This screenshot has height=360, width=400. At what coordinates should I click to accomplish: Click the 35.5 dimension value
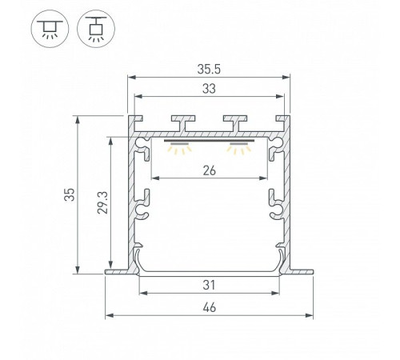point(209,70)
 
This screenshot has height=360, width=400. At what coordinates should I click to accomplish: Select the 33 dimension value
point(209,89)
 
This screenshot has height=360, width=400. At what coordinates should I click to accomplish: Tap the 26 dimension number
point(210,170)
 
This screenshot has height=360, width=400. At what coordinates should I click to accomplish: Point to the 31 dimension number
point(209,285)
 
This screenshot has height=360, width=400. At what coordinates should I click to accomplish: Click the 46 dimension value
point(210,308)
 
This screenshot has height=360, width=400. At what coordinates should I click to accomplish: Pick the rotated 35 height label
point(70,194)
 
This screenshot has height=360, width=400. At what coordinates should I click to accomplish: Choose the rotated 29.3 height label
point(102,202)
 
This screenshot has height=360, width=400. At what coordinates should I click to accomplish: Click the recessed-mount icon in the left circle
point(50,29)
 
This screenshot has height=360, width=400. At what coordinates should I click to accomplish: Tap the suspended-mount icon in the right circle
point(96,29)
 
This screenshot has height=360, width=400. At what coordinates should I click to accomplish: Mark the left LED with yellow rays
point(179,148)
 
